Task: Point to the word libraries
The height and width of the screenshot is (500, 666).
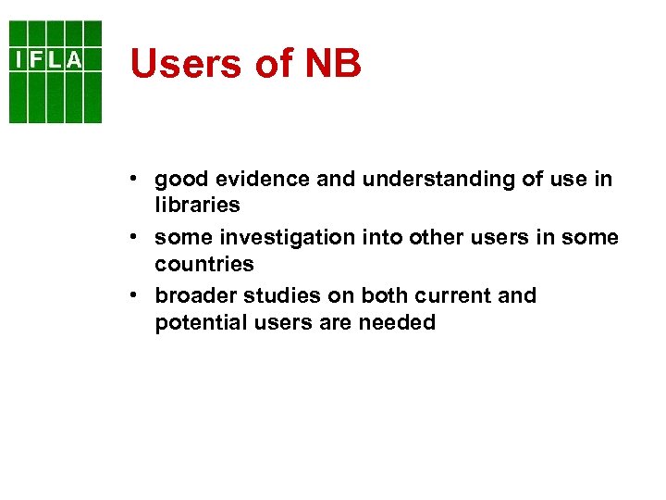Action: [x=197, y=205]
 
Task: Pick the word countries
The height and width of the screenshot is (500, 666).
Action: [x=204, y=264]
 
